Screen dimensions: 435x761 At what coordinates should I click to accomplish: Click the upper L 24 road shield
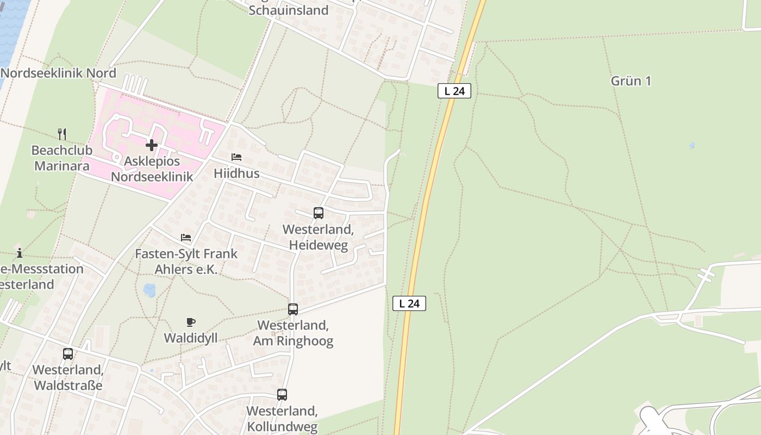point(454,91)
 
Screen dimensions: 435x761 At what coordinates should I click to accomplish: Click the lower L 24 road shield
point(409,303)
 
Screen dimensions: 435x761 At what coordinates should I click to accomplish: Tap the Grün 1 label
point(631,81)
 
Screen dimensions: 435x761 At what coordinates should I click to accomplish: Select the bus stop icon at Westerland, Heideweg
point(319,213)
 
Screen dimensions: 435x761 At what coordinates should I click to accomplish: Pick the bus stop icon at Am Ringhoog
point(293,309)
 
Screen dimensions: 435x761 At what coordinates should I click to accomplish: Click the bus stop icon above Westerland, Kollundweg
point(282,395)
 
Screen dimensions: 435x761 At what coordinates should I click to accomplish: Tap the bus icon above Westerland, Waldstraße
point(68,354)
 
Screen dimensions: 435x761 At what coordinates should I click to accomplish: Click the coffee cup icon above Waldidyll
point(190,322)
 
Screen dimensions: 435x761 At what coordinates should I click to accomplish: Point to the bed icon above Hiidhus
point(236,157)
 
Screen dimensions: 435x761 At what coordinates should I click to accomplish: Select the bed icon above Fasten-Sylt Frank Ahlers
point(186,238)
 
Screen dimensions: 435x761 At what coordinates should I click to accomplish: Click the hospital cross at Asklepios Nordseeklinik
point(152,145)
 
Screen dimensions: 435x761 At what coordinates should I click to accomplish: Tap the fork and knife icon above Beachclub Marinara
point(62,134)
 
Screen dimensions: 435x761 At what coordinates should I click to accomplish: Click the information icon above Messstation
point(20,253)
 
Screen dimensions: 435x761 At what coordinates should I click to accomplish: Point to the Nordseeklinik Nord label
point(58,73)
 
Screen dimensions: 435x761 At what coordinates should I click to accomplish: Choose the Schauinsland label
point(289,10)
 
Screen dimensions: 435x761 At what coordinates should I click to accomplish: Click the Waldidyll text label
point(191,338)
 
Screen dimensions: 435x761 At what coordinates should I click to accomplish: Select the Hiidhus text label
point(236,174)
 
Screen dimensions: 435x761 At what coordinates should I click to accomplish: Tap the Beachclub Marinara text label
point(62,158)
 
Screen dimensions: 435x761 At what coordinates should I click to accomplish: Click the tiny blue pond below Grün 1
point(691,146)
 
